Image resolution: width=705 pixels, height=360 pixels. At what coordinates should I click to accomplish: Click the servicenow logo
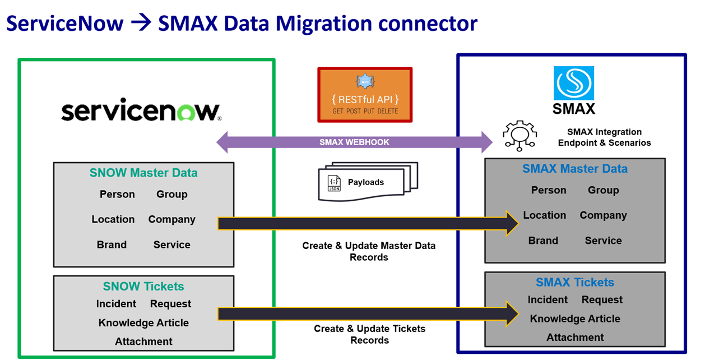(141, 110)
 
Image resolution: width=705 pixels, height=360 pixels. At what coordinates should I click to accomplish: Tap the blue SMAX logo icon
(573, 84)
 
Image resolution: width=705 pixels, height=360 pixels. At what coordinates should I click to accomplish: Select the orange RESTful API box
(365, 95)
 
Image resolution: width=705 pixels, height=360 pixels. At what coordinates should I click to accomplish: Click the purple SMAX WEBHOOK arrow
(354, 142)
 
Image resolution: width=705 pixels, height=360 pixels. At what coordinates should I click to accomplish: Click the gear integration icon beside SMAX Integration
(520, 135)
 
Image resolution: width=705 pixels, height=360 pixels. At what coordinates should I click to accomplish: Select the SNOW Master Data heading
(143, 173)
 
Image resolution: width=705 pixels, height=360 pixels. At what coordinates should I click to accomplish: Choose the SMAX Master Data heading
(574, 169)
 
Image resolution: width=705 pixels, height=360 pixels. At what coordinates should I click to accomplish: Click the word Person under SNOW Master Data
(117, 195)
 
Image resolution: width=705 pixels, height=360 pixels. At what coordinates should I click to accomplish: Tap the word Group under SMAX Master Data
(603, 190)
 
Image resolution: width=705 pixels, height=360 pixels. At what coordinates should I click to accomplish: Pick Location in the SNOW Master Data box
(113, 219)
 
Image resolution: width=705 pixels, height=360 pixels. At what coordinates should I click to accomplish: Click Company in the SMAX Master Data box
(603, 215)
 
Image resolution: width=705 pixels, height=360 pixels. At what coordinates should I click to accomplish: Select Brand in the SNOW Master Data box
(112, 244)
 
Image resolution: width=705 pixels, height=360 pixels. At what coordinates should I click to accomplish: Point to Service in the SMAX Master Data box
(603, 241)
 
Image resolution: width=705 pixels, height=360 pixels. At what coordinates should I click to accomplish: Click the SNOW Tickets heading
(143, 287)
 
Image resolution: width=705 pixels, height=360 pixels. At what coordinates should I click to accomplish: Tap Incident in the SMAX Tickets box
(548, 300)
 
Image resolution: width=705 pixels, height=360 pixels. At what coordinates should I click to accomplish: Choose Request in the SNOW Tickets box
(170, 304)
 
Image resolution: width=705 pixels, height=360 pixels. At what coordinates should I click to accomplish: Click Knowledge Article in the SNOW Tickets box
(143, 323)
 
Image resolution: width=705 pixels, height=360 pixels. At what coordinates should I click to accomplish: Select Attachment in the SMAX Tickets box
(575, 338)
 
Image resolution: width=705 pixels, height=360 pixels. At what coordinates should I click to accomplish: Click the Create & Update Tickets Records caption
(369, 334)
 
